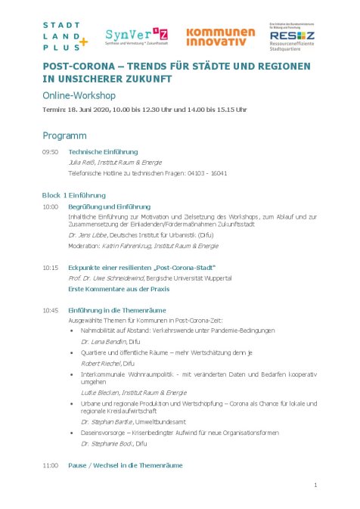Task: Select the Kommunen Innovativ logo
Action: coord(221,36)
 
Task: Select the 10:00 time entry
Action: coord(51,206)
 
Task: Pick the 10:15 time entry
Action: coord(51,268)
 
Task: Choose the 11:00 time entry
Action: coord(51,464)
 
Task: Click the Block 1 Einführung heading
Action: coord(74,195)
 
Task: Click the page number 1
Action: coord(315,485)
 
